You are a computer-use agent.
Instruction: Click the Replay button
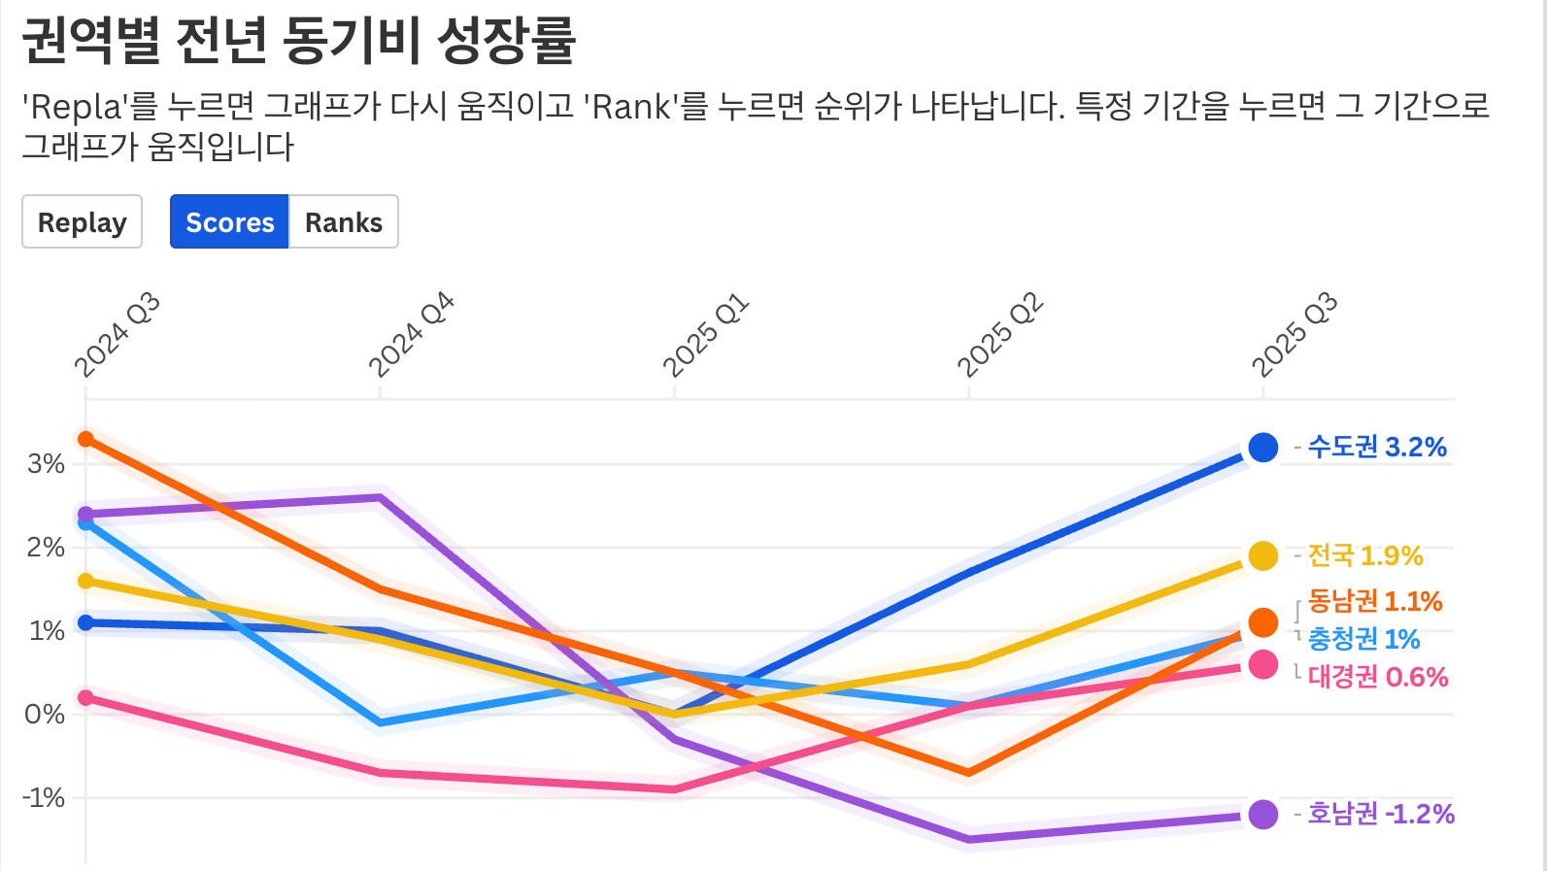pyautogui.click(x=82, y=222)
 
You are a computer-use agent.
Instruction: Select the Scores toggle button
pyautogui.click(x=229, y=222)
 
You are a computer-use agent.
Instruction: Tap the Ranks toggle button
pyautogui.click(x=343, y=222)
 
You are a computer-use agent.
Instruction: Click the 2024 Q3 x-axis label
pyautogui.click(x=117, y=335)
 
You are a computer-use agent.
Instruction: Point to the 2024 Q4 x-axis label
pyautogui.click(x=411, y=335)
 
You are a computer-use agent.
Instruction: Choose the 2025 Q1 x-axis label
pyautogui.click(x=706, y=335)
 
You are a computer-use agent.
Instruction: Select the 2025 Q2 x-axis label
pyautogui.click(x=1000, y=335)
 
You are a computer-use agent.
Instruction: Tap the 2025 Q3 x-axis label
pyautogui.click(x=1295, y=335)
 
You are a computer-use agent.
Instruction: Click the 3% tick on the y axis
pyautogui.click(x=47, y=464)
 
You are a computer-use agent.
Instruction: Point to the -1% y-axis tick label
pyautogui.click(x=44, y=798)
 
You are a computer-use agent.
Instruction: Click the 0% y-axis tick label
pyautogui.click(x=45, y=715)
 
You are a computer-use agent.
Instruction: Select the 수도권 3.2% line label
pyautogui.click(x=1377, y=447)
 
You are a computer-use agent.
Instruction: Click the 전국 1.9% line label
pyautogui.click(x=1365, y=555)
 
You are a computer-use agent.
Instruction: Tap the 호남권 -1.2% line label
pyautogui.click(x=1381, y=814)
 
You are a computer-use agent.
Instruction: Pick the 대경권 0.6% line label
pyautogui.click(x=1378, y=677)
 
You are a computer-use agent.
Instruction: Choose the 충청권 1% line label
pyautogui.click(x=1363, y=639)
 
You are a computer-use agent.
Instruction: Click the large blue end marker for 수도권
pyautogui.click(x=1262, y=448)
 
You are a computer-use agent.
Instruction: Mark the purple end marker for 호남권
pyautogui.click(x=1262, y=815)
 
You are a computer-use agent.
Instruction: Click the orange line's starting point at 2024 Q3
pyautogui.click(x=86, y=439)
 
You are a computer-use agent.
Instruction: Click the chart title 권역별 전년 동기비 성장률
pyautogui.click(x=299, y=41)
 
